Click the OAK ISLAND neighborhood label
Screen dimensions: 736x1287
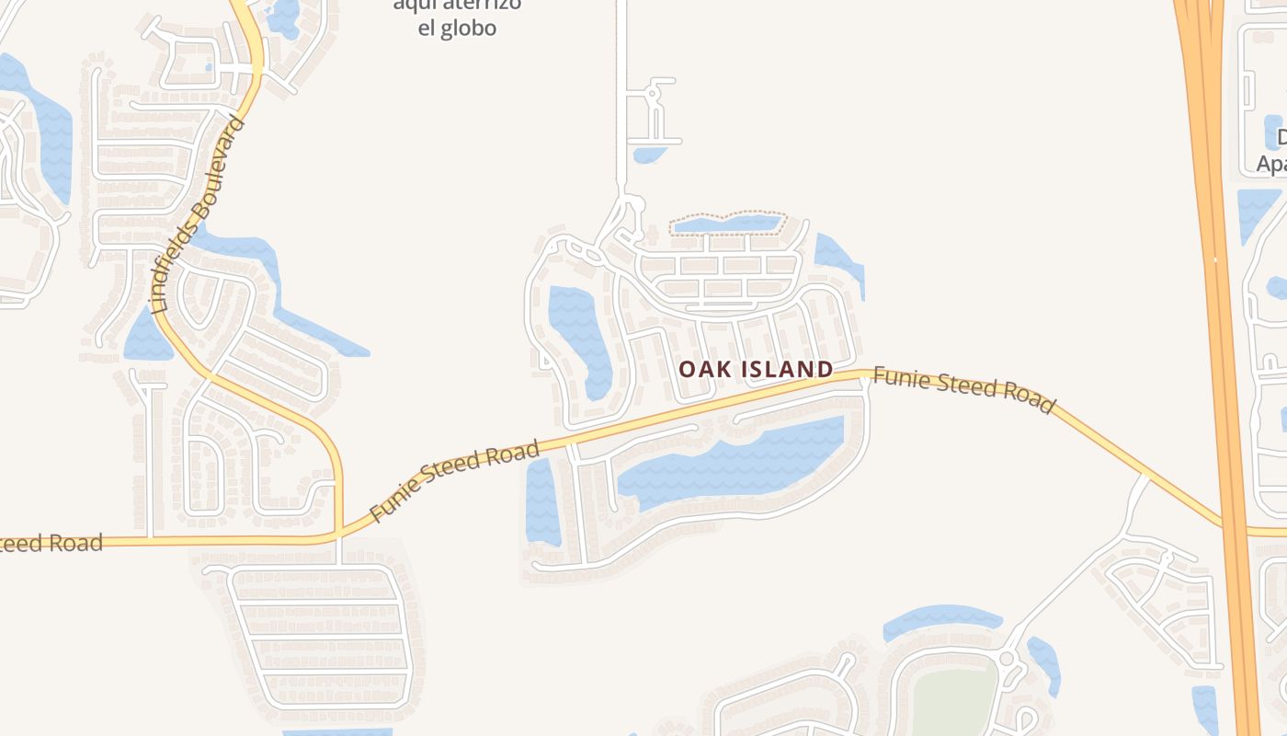(x=756, y=370)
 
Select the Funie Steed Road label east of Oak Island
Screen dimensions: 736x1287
(x=963, y=389)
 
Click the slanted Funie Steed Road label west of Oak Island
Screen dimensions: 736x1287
(x=454, y=480)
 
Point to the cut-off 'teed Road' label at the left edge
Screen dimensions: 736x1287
(x=51, y=543)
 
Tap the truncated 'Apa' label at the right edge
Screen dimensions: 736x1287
(x=1271, y=165)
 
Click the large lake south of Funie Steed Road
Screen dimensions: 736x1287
(x=735, y=465)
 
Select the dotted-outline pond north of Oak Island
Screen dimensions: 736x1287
(x=726, y=223)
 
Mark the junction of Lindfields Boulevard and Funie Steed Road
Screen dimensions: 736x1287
(x=338, y=534)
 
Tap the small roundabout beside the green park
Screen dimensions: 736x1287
(x=1007, y=660)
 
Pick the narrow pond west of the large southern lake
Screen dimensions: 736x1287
(x=541, y=501)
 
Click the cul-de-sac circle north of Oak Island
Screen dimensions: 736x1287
(x=654, y=93)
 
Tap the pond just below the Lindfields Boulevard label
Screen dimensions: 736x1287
(x=147, y=336)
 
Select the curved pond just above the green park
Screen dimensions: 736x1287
(x=938, y=619)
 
